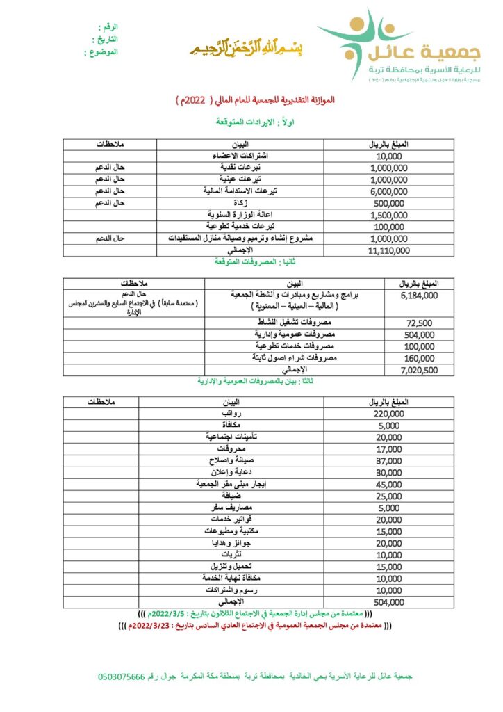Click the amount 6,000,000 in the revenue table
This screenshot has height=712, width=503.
[389, 191]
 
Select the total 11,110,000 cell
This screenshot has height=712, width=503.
[389, 250]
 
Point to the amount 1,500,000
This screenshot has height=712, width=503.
[389, 215]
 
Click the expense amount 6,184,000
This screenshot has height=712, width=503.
[420, 296]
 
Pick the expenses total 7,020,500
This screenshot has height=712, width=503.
[420, 370]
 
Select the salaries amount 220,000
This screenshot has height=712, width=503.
[388, 414]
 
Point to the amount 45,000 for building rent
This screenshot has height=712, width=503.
[388, 485]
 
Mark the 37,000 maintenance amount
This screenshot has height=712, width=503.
[388, 461]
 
